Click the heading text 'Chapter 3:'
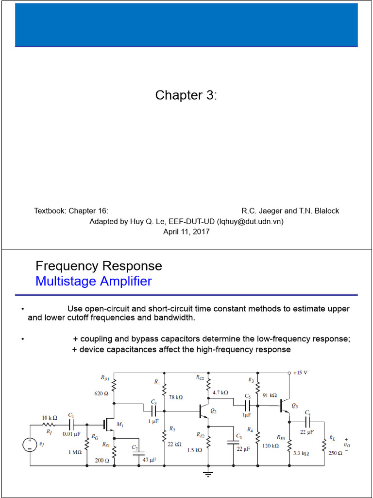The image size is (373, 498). [x=186, y=95]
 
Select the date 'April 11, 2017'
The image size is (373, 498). [x=186, y=232]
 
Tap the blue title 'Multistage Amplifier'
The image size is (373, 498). [x=94, y=282]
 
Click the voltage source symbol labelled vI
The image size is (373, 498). [x=30, y=445]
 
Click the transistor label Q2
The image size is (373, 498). [x=213, y=411]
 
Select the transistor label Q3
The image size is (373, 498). [x=295, y=405]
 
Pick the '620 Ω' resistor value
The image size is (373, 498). [x=102, y=393]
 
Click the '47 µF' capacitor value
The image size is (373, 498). [x=149, y=460]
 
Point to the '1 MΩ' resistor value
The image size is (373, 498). [x=76, y=452]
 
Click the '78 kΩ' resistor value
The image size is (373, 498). [x=176, y=397]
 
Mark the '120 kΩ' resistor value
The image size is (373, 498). [x=270, y=445]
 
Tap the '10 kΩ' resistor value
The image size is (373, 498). [x=50, y=418]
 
